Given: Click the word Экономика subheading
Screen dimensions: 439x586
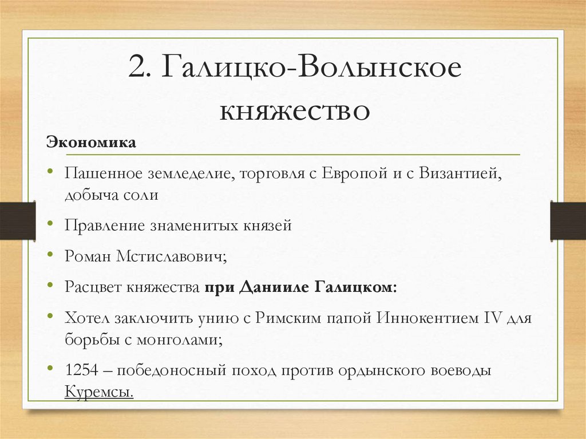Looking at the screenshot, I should [x=92, y=142].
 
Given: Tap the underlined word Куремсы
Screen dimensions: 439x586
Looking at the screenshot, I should [x=99, y=392].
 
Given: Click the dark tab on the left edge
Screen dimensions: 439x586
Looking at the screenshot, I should [x=17, y=220].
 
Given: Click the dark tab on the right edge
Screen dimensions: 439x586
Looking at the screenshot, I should [x=568, y=220].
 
